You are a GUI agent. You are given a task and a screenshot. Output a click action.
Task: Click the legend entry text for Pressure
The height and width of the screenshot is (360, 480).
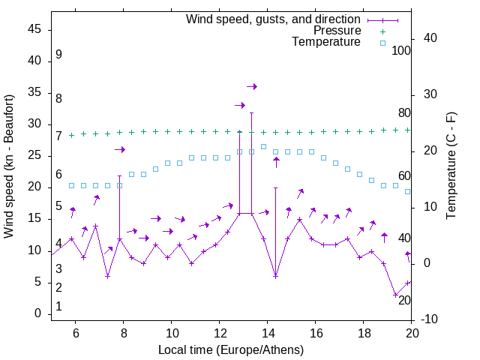click(x=336, y=31)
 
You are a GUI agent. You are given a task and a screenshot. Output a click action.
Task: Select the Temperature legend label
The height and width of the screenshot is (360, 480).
click(x=326, y=42)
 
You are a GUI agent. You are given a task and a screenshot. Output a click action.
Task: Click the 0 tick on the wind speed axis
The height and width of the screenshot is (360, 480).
click(x=38, y=314)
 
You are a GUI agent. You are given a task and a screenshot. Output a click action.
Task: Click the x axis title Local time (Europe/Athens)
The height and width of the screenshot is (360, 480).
click(x=231, y=349)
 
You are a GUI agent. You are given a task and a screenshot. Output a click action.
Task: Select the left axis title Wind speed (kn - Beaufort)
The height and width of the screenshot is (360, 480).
click(x=10, y=166)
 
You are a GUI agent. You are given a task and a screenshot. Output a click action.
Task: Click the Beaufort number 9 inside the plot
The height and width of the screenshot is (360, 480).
click(x=58, y=55)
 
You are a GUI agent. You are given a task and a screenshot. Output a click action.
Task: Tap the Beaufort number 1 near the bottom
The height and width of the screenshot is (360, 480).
click(x=58, y=307)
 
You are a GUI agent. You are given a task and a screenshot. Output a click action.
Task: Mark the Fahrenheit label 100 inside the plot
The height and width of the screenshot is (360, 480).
click(x=401, y=50)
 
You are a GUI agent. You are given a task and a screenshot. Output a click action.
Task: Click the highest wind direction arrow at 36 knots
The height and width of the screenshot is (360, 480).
click(x=252, y=87)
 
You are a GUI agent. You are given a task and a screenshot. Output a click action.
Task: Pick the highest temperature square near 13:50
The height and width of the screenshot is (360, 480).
click(x=264, y=146)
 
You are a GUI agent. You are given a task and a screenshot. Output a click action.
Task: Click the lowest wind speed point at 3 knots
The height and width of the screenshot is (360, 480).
click(x=396, y=295)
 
